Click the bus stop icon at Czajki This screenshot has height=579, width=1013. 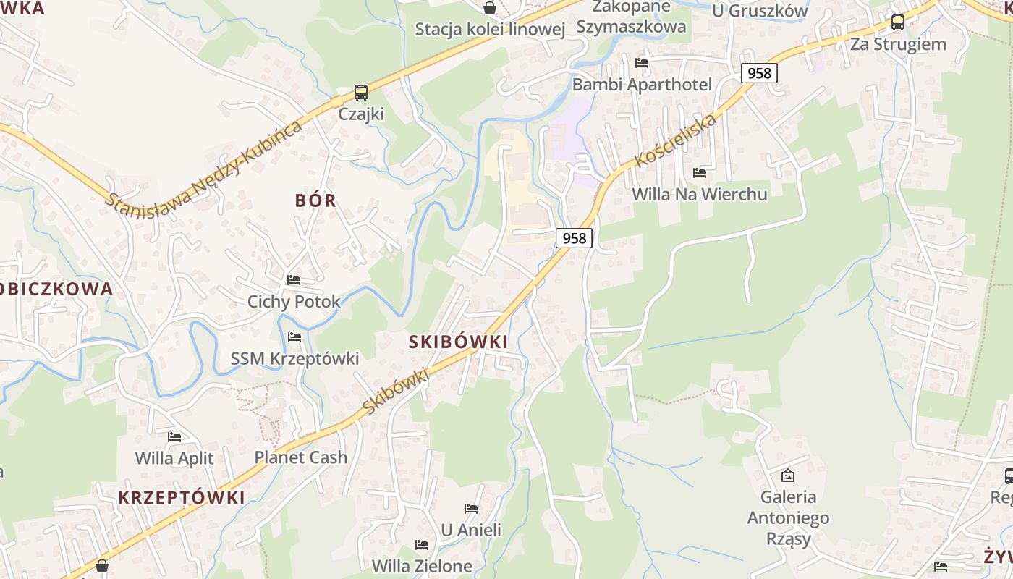tap(360, 93)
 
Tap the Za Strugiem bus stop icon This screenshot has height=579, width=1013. tap(898, 22)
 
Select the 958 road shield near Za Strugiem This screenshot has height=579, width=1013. tap(758, 72)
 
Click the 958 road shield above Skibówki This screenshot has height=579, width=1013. tap(574, 237)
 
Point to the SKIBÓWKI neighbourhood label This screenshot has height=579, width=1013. tap(458, 342)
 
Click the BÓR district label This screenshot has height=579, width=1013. tap(316, 200)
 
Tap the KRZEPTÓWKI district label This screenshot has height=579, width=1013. tap(181, 497)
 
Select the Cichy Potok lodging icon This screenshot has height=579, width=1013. tap(294, 279)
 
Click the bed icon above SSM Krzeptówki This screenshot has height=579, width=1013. tap(294, 337)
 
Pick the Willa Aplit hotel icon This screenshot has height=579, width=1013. tap(174, 436)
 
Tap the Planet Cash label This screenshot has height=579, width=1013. tap(300, 457)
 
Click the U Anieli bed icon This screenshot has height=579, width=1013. tap(471, 508)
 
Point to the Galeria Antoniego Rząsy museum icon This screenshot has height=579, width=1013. tap(788, 476)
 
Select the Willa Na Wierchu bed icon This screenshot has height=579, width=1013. tap(700, 172)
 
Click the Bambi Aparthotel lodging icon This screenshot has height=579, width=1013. tap(642, 62)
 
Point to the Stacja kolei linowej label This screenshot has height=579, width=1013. tap(489, 29)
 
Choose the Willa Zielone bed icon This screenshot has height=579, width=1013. tap(422, 544)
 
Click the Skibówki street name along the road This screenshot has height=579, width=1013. tap(395, 392)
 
